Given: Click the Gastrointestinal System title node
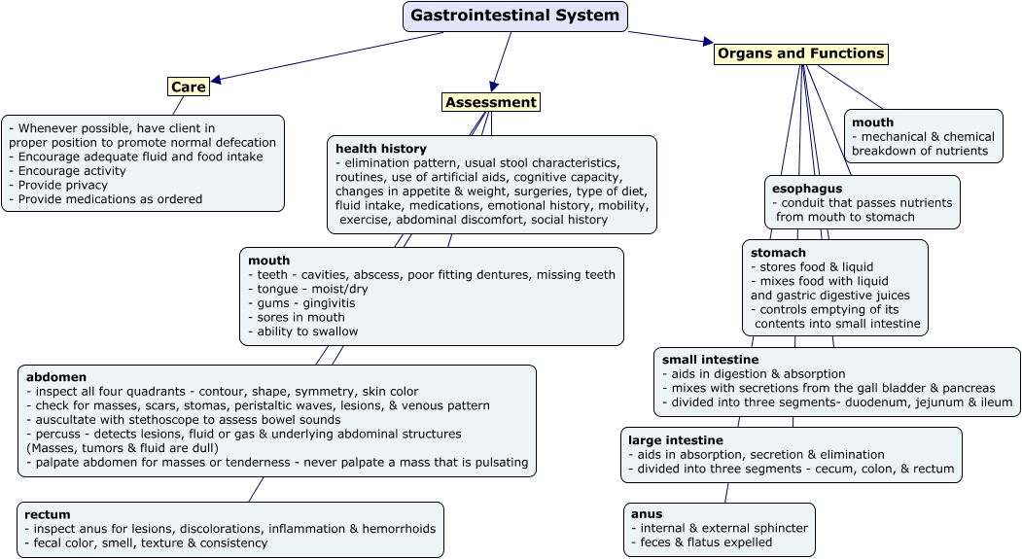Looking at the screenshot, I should (514, 17).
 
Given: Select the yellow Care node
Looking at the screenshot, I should (188, 87).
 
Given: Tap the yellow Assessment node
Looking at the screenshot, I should (490, 102).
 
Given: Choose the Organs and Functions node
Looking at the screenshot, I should (800, 53).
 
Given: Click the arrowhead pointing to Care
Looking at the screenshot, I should (217, 81).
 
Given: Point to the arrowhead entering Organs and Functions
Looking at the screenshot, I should (707, 42).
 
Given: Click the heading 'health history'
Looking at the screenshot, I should (380, 149).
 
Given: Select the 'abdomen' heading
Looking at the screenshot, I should (56, 377).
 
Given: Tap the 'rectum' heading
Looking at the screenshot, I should (48, 514).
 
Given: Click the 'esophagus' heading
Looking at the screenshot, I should (806, 188).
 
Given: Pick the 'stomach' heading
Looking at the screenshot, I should (778, 253).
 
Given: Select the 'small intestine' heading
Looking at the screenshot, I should (710, 360).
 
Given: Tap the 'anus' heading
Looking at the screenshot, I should (646, 514).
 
